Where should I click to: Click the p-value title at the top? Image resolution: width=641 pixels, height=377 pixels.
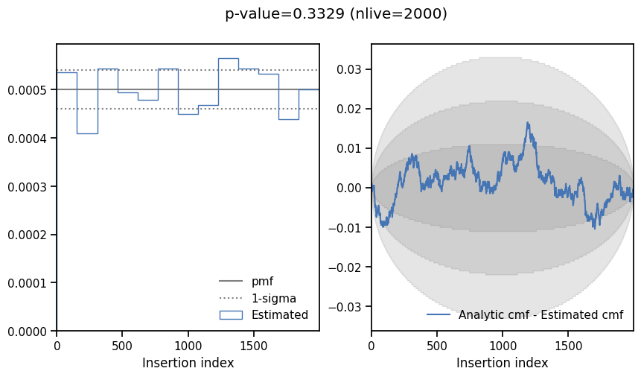tap(336, 14)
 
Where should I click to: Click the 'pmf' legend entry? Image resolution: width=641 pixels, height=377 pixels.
tap(262, 282)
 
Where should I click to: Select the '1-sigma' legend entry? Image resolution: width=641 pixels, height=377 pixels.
tap(272, 298)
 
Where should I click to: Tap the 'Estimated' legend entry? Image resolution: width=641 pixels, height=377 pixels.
tap(279, 314)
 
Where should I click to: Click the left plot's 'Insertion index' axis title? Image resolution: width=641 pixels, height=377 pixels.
tap(188, 364)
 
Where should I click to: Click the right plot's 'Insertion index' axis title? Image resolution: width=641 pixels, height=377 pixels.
tap(502, 364)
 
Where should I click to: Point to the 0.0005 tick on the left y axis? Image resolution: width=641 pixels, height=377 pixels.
tap(28, 90)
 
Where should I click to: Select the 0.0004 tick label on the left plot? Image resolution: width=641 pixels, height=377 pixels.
tap(28, 139)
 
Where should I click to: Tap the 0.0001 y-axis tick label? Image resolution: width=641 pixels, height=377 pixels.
tap(28, 283)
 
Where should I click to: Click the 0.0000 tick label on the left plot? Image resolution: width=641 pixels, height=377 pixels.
tap(28, 332)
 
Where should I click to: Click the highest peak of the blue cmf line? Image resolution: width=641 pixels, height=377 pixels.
tap(528, 123)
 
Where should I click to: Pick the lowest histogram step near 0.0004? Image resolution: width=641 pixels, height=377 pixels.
tap(87, 133)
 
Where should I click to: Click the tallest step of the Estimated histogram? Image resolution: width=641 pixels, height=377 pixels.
tap(228, 58)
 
